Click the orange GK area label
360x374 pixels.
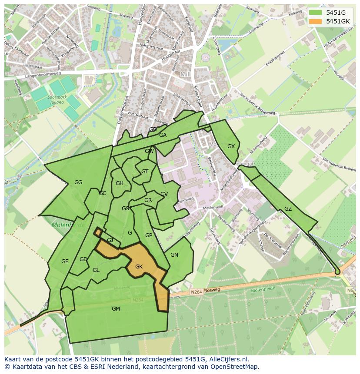point(139,267)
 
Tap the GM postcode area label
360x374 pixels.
point(116,309)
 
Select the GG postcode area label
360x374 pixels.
point(78,182)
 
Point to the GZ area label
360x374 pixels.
point(288,209)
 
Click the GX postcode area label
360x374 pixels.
point(231,146)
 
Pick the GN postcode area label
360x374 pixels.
point(174,255)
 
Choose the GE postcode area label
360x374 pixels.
point(65,261)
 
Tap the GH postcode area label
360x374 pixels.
point(120,183)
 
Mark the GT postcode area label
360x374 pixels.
point(145,172)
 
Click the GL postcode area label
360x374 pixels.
point(96,270)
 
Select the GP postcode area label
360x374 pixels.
point(149,235)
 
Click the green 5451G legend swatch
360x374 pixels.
point(316,13)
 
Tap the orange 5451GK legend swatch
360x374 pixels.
point(316,21)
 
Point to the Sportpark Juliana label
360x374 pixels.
point(57,100)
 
